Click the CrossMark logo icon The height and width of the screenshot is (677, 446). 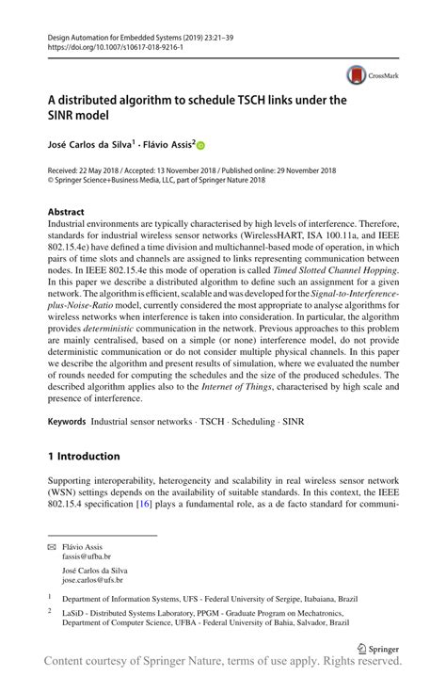coord(356,73)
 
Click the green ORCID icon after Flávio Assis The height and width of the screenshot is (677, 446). coord(200,145)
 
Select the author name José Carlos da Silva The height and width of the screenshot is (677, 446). coord(88,144)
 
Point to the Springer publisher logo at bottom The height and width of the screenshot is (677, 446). coord(378,647)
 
